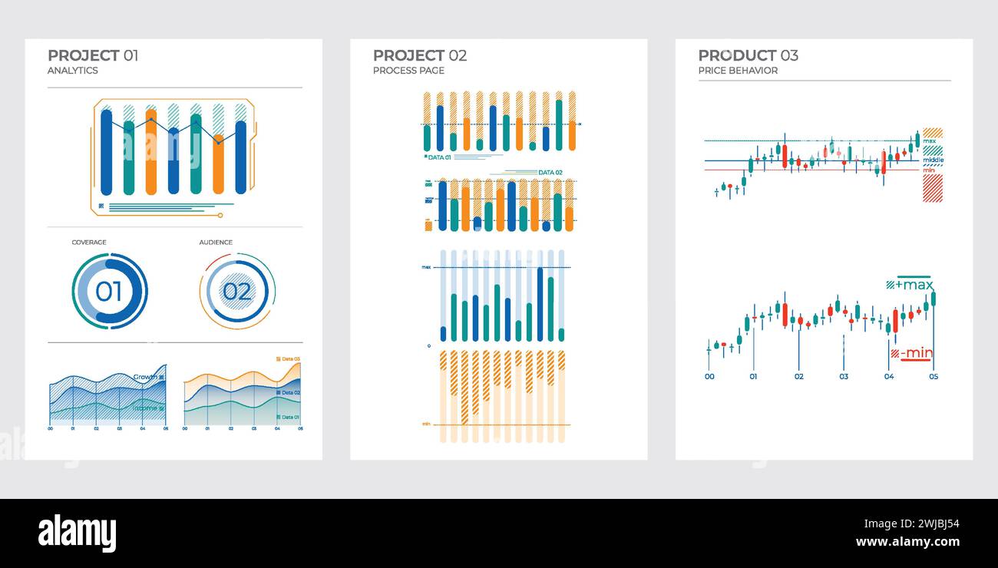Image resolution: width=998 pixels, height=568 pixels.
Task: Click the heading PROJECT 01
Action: [93, 55]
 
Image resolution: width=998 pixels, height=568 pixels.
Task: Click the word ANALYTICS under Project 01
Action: [73, 71]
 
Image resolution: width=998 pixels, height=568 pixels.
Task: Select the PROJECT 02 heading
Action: [419, 55]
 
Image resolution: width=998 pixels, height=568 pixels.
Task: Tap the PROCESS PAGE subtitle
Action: [408, 71]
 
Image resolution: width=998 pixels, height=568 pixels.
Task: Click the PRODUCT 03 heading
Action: [748, 55]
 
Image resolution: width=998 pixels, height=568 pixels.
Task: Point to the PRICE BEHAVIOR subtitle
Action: [738, 71]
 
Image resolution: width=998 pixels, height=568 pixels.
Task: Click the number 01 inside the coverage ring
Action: [109, 292]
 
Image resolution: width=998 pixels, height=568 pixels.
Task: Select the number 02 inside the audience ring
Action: [237, 292]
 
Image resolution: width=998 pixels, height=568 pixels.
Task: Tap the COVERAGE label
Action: [89, 243]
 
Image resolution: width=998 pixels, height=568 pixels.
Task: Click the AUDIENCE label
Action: [216, 243]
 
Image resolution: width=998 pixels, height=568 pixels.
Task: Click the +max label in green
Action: [914, 285]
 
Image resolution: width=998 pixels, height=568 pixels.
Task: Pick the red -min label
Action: [916, 353]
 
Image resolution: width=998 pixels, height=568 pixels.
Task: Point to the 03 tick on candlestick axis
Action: [844, 377]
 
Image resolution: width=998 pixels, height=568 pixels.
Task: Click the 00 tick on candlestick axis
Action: [709, 377]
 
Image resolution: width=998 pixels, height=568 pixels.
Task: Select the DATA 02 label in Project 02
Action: [550, 173]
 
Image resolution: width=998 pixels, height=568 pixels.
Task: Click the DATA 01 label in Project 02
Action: [439, 157]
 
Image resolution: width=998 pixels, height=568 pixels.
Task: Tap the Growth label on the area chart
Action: [145, 377]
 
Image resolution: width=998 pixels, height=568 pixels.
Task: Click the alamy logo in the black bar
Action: [77, 533]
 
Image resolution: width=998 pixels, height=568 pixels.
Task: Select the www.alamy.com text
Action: [907, 542]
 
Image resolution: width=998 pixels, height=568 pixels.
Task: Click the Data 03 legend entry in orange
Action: [290, 359]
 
